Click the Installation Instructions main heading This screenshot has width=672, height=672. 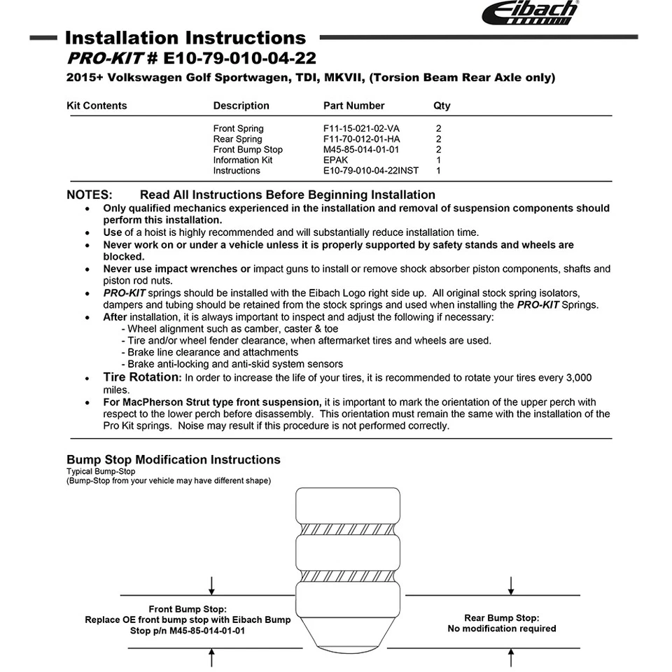(x=185, y=38)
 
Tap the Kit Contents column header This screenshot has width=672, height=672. (x=97, y=106)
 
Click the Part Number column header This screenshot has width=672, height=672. (x=353, y=106)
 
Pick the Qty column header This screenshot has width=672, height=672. (x=442, y=106)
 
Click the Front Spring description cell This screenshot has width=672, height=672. (x=239, y=129)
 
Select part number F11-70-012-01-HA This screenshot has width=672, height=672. (x=362, y=139)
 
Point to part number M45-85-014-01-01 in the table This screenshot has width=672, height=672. (x=361, y=150)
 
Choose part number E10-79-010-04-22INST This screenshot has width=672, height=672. (x=371, y=171)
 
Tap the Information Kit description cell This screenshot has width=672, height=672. (x=243, y=160)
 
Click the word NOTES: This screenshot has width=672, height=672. (x=89, y=195)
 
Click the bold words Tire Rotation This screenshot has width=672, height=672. (x=141, y=377)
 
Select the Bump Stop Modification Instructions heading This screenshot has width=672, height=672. (x=174, y=460)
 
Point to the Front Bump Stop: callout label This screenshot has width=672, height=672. (x=188, y=610)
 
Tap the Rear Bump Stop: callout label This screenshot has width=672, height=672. (x=502, y=618)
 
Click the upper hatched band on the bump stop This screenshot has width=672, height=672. (x=349, y=528)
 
